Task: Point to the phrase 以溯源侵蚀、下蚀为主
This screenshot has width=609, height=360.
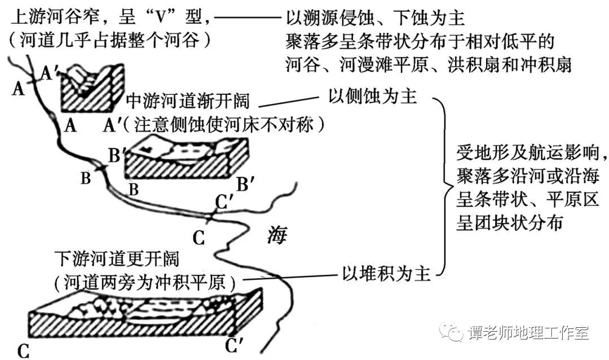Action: click(x=375, y=19)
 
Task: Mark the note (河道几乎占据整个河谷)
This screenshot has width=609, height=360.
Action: click(x=111, y=41)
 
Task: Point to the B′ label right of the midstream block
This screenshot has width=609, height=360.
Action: click(x=248, y=183)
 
